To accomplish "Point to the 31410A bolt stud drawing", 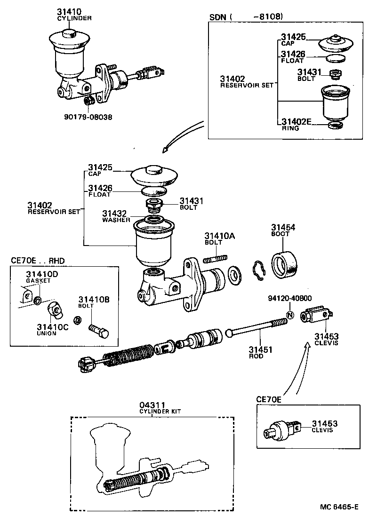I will click(x=216, y=259).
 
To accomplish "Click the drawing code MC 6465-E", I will click(x=339, y=507).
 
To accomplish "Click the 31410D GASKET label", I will click(x=39, y=277).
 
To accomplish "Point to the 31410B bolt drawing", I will click(x=98, y=329).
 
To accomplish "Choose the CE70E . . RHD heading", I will click(x=38, y=260).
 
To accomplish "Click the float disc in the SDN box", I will click(x=335, y=58).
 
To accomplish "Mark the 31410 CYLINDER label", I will click(x=74, y=14).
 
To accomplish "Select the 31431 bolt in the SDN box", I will click(x=335, y=74).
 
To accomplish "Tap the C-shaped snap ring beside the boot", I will click(x=258, y=271).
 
